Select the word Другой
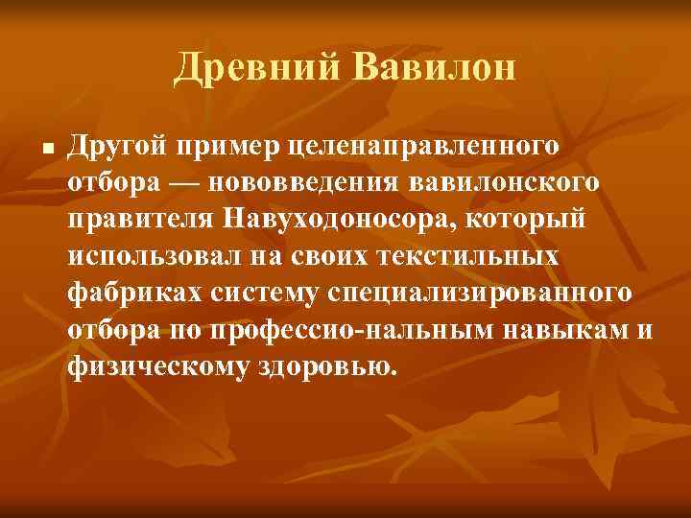116,146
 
